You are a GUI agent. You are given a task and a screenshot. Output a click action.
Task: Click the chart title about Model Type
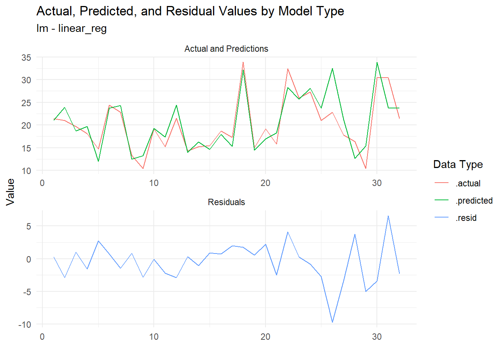[190, 11]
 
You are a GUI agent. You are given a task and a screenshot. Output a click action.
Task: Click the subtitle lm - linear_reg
[72, 28]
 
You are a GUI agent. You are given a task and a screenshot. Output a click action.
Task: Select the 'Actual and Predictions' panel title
[226, 49]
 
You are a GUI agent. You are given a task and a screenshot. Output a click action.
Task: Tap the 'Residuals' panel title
[226, 202]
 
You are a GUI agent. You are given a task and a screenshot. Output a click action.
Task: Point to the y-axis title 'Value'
[10, 192]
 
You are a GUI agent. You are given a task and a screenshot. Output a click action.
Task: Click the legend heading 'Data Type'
[458, 164]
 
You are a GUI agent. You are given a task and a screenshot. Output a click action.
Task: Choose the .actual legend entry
[468, 183]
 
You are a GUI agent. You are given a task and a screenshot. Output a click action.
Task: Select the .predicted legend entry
[474, 201]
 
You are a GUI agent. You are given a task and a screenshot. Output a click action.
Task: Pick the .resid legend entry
[466, 218]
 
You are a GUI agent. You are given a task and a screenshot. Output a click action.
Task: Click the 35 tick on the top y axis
[26, 58]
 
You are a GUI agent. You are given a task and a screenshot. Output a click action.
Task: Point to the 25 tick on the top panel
[26, 103]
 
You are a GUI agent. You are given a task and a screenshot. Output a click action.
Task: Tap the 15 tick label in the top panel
[26, 148]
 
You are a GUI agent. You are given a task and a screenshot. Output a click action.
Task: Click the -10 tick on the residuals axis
[25, 324]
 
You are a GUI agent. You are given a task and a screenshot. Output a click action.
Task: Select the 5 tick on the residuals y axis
[28, 226]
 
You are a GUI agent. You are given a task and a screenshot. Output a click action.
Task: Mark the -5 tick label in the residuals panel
[26, 292]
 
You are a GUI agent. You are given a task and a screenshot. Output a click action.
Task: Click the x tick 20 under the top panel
[265, 183]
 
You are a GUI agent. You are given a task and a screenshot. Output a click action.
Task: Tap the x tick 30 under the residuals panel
[376, 337]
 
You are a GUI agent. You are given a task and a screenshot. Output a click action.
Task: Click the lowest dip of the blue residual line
[332, 322]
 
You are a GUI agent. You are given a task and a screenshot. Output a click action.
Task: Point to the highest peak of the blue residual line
[388, 216]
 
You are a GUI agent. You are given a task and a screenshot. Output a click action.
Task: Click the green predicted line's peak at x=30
[377, 63]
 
